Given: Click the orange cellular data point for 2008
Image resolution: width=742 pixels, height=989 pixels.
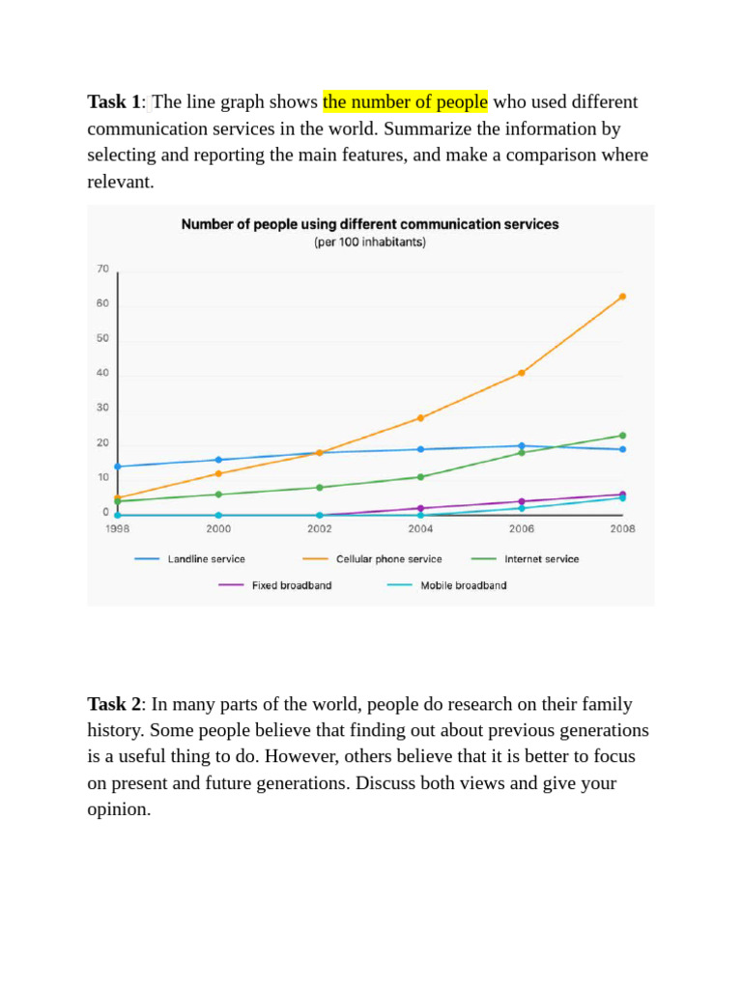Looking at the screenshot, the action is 622,297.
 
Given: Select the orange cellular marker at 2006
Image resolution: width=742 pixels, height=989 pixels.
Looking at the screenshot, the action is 521,373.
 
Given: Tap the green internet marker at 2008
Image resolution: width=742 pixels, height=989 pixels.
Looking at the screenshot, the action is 622,436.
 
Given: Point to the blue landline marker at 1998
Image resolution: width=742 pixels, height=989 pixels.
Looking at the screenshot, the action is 117,466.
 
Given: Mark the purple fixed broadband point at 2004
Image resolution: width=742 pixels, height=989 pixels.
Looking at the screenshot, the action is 420,508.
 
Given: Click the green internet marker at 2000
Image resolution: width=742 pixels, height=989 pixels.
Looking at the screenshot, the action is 218,494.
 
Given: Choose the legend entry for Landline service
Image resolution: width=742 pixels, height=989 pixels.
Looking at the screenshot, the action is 189,559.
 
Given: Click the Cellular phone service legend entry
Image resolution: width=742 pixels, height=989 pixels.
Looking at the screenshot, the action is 372,559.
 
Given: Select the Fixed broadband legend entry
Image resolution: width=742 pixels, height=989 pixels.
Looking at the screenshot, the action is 275,585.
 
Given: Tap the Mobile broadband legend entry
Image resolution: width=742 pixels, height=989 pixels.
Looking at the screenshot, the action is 446,585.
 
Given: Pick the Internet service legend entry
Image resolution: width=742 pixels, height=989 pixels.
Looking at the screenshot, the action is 525,559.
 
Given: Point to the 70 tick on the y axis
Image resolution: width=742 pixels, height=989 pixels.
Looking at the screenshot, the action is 102,268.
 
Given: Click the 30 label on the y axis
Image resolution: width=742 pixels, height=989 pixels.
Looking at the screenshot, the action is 102,408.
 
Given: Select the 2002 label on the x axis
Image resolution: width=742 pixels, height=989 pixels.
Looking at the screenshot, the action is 319,528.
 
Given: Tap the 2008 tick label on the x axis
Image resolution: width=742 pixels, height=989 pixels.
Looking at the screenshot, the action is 622,528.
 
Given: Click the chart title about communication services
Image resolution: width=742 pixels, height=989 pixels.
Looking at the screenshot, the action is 370,224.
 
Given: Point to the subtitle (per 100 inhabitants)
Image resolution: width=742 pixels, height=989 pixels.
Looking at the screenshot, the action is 370,242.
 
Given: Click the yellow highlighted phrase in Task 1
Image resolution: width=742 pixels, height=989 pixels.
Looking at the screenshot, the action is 405,101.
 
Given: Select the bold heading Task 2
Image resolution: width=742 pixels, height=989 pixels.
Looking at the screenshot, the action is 115,704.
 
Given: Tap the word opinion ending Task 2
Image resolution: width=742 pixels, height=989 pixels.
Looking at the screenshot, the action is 119,809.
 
